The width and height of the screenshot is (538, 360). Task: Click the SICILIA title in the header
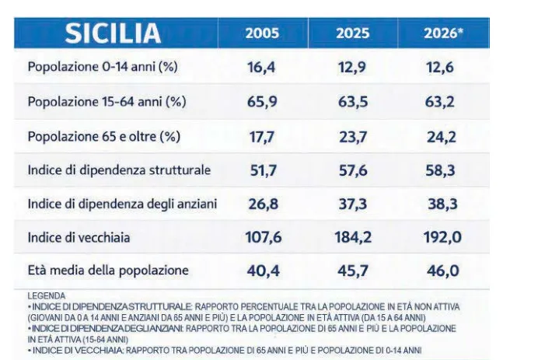point(113,33)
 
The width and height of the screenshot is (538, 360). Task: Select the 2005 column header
point(262,33)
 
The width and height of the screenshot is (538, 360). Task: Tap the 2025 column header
point(352,33)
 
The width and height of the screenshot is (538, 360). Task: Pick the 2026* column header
point(443,33)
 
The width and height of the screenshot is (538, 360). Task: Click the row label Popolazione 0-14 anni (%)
point(103,67)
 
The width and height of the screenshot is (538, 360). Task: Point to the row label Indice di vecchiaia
point(79,237)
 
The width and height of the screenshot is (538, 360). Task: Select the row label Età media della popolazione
point(108,271)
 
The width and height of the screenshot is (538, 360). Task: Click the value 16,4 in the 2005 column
point(261,68)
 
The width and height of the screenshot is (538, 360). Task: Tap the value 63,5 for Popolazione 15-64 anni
point(353,102)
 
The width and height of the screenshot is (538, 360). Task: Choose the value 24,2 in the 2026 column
point(442,138)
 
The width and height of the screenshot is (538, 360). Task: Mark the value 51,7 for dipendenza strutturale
point(263,170)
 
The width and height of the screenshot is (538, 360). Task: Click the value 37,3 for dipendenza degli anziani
point(353,204)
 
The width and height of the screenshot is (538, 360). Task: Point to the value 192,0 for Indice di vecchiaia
point(442,237)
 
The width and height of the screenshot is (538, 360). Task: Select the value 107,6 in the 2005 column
point(264,237)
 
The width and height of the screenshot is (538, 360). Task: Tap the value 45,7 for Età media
point(353,271)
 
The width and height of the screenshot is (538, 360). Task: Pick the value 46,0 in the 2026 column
point(443,271)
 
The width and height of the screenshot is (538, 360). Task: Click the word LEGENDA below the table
point(47,295)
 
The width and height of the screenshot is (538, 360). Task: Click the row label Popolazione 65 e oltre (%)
point(104,137)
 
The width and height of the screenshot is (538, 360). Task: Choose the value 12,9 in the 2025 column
point(352,68)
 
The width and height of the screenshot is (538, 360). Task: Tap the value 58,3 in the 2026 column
point(441,170)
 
